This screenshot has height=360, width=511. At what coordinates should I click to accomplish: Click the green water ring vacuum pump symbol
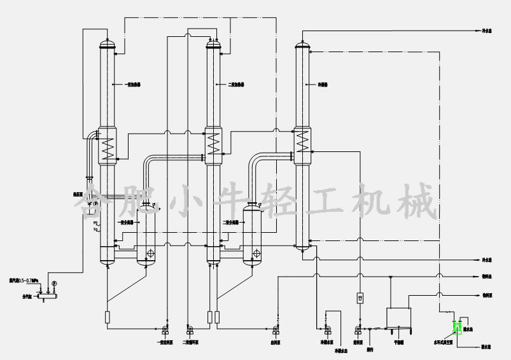coord(456,328)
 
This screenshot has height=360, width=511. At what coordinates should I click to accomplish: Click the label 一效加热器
coord(122,84)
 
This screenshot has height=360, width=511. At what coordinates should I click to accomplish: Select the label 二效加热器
coord(235,84)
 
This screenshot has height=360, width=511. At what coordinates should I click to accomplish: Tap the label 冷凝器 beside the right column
coord(323,84)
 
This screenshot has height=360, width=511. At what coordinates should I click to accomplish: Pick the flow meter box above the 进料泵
coord(358,298)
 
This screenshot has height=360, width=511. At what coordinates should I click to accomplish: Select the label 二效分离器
coord(231,223)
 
